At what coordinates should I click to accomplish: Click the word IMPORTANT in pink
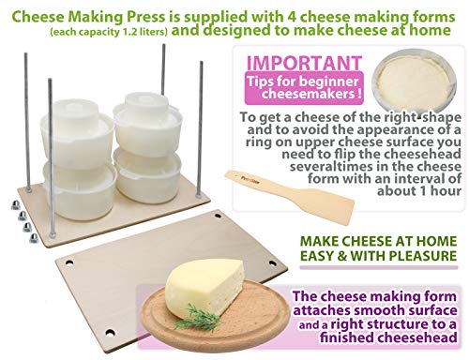tap(304, 63)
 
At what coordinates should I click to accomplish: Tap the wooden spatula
tap(290, 196)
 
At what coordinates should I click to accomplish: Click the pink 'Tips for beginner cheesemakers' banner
tap(304, 87)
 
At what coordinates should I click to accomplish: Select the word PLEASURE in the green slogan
tap(423, 256)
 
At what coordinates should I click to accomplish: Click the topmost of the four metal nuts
tap(15, 204)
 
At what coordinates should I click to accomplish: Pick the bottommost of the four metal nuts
tap(34, 238)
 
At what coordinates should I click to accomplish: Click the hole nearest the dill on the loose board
tap(110, 332)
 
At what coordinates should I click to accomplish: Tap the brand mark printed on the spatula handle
tap(247, 180)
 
